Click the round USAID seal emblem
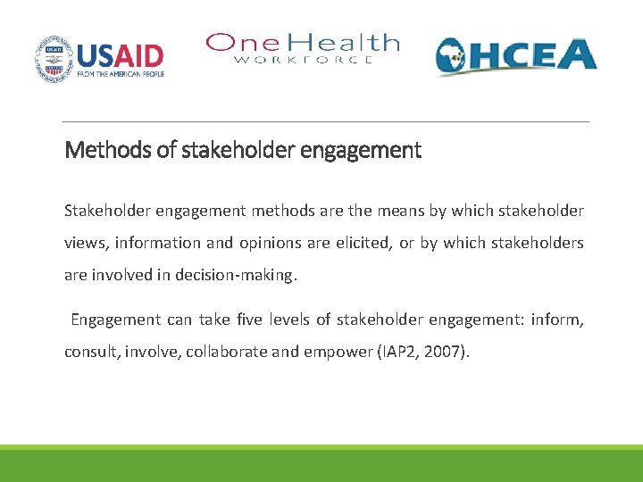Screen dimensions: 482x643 point(54,59)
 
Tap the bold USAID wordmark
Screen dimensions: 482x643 point(121,55)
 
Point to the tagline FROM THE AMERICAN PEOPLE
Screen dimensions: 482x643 point(121,74)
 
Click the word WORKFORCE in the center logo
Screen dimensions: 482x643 point(303,60)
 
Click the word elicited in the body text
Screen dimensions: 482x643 point(363,244)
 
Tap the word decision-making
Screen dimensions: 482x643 point(240,275)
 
